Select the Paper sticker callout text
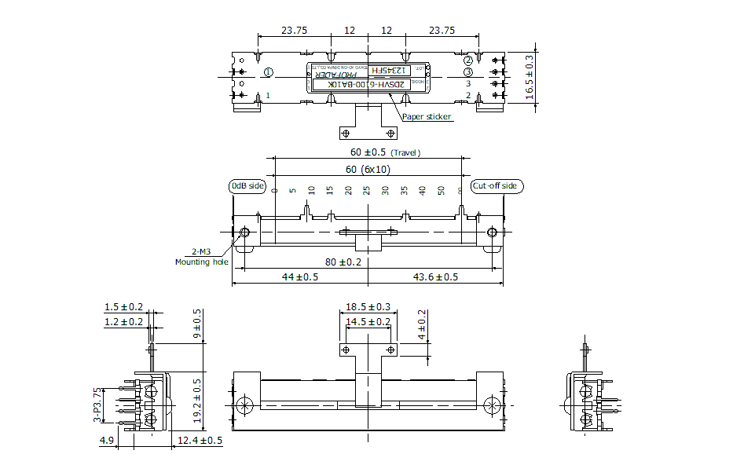[427, 117]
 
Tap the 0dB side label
[247, 186]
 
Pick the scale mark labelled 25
[367, 191]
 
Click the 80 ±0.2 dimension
[343, 262]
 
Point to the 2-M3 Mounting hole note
[203, 257]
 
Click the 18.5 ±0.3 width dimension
[368, 307]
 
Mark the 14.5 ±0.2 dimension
[368, 321]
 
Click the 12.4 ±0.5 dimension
[200, 441]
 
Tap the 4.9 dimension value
[106, 441]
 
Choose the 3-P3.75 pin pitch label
[97, 405]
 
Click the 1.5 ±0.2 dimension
[123, 307]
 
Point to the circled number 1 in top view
[269, 72]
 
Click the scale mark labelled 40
[422, 191]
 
